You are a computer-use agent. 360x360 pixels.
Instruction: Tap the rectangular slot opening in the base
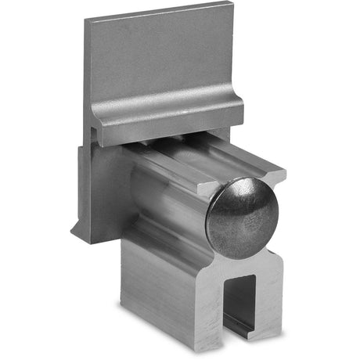click(242, 301)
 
